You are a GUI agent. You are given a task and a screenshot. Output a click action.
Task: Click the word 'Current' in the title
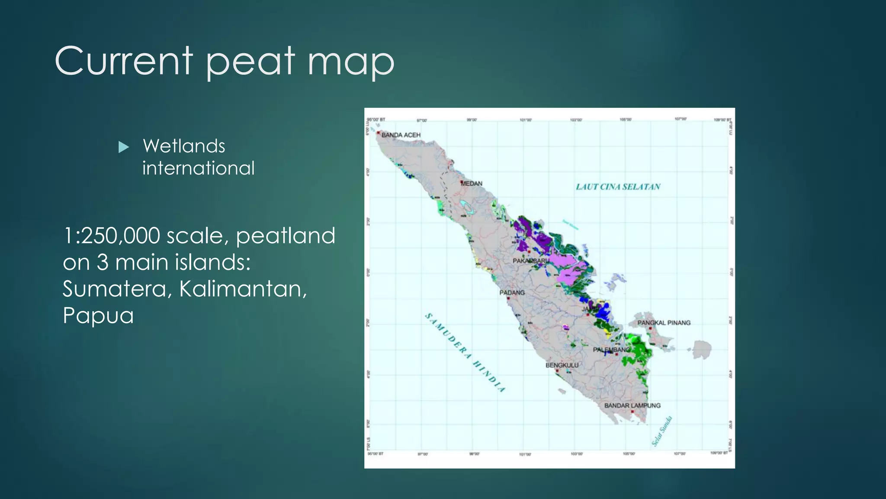tap(124, 61)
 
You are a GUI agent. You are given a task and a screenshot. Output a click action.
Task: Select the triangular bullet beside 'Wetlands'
tap(124, 147)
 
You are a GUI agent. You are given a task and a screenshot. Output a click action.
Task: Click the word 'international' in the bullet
tap(199, 168)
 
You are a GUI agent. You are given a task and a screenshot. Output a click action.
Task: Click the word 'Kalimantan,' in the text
tap(243, 288)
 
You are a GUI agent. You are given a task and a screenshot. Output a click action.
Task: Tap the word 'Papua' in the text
tap(98, 315)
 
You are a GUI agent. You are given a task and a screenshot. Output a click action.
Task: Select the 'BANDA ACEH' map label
tap(401, 135)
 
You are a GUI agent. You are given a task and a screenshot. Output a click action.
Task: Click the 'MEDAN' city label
tap(472, 184)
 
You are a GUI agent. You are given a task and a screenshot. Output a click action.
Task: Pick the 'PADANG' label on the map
tap(512, 293)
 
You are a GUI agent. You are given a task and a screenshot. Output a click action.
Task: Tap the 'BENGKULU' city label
tap(562, 365)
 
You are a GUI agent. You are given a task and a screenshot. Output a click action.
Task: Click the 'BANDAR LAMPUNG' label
tap(632, 405)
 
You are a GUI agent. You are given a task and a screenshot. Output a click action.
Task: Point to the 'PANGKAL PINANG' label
tap(664, 323)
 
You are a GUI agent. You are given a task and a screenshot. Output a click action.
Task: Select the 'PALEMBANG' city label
tap(611, 350)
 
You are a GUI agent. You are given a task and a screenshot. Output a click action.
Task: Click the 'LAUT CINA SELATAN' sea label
tap(618, 187)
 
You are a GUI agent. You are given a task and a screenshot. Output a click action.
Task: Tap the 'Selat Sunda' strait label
tap(662, 431)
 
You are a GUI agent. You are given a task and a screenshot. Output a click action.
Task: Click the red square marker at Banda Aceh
tap(378, 133)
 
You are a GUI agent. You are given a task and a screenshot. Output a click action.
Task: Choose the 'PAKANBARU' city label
tap(530, 261)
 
